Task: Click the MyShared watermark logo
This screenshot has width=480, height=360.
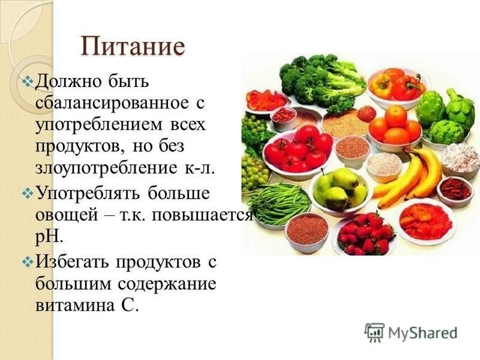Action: [x=412, y=332]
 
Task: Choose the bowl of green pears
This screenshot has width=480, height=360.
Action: [x=339, y=189]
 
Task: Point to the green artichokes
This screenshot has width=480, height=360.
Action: [x=447, y=114]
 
